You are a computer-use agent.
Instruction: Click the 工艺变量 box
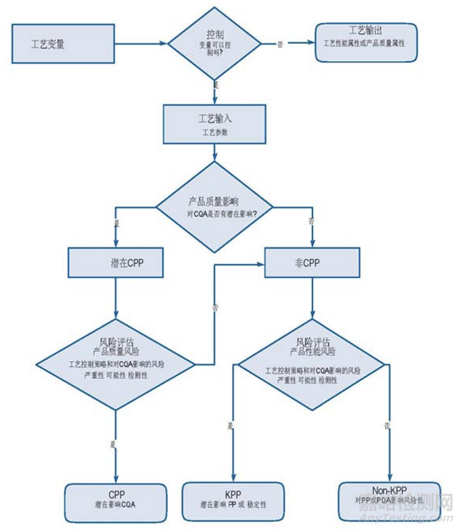(x=63, y=43)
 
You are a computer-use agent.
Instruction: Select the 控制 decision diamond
(x=214, y=43)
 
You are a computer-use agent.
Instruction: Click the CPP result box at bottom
(x=115, y=501)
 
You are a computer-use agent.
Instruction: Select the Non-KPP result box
(x=389, y=500)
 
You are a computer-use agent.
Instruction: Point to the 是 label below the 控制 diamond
(x=216, y=85)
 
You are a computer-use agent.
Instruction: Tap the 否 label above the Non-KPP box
(x=386, y=426)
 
